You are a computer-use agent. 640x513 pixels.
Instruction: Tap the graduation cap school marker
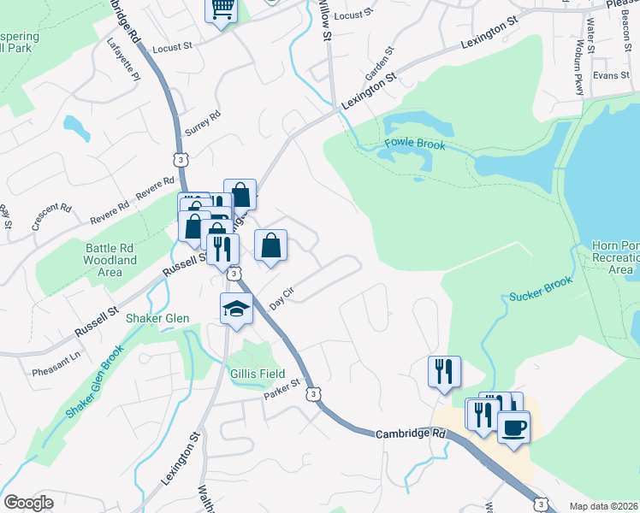(x=237, y=309)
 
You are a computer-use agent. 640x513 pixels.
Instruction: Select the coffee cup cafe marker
(x=513, y=427)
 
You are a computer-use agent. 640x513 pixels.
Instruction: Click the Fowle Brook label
(x=415, y=144)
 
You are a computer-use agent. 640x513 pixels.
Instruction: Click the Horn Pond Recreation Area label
(x=615, y=257)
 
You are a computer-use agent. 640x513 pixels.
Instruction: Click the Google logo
(x=29, y=503)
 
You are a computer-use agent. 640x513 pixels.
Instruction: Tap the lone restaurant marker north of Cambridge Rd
(x=444, y=371)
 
